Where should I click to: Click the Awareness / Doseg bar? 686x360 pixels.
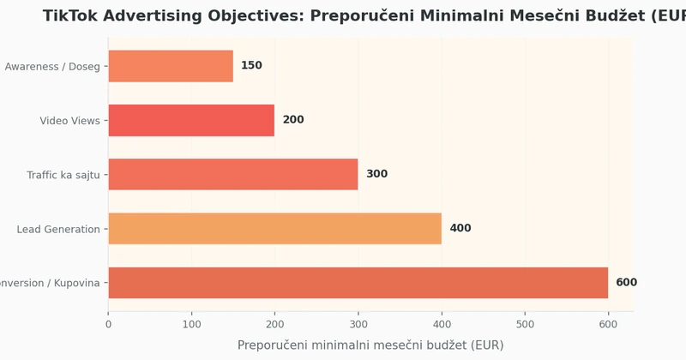[x=171, y=66]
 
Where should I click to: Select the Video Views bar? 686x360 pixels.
[x=191, y=120]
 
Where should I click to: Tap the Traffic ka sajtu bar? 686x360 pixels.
[x=233, y=174]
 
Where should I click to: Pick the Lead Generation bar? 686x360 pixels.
[x=274, y=228]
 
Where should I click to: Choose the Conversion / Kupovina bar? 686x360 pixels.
[x=358, y=283]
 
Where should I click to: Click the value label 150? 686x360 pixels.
[x=251, y=66]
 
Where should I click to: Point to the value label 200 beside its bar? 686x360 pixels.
[x=293, y=120]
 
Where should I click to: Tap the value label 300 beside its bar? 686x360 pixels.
[x=376, y=174]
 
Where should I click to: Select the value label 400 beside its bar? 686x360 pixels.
[x=460, y=228]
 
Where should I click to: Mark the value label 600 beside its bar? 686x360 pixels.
[x=626, y=283]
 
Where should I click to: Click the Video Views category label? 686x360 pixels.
[x=69, y=121]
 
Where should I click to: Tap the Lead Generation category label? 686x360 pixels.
[x=58, y=229]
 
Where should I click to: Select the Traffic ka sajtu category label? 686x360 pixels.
[x=63, y=175]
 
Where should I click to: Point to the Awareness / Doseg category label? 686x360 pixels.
[x=52, y=67]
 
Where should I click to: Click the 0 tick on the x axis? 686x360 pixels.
[x=108, y=325]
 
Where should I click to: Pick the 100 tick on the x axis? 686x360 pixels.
[x=191, y=325]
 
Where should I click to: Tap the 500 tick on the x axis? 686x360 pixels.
[x=525, y=325]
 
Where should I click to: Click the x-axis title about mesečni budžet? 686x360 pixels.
[x=370, y=345]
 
